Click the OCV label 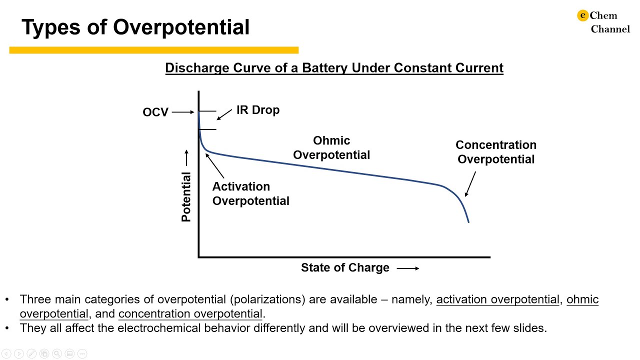[155, 112]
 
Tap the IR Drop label [258, 110]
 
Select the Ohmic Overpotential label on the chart [331, 147]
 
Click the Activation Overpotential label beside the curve [251, 193]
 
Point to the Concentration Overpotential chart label [496, 152]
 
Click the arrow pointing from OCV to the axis [183, 112]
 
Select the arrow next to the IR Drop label [224, 114]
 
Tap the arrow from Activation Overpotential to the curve [214, 165]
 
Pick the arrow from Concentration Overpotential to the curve [470, 184]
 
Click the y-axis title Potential [186, 197]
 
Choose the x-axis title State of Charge [345, 267]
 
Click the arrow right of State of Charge [408, 268]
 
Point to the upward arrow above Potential [186, 157]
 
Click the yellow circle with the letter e [582, 15]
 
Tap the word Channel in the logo [610, 29]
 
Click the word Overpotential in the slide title [181, 27]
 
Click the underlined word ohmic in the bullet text [582, 299]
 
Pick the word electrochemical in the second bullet [159, 328]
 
